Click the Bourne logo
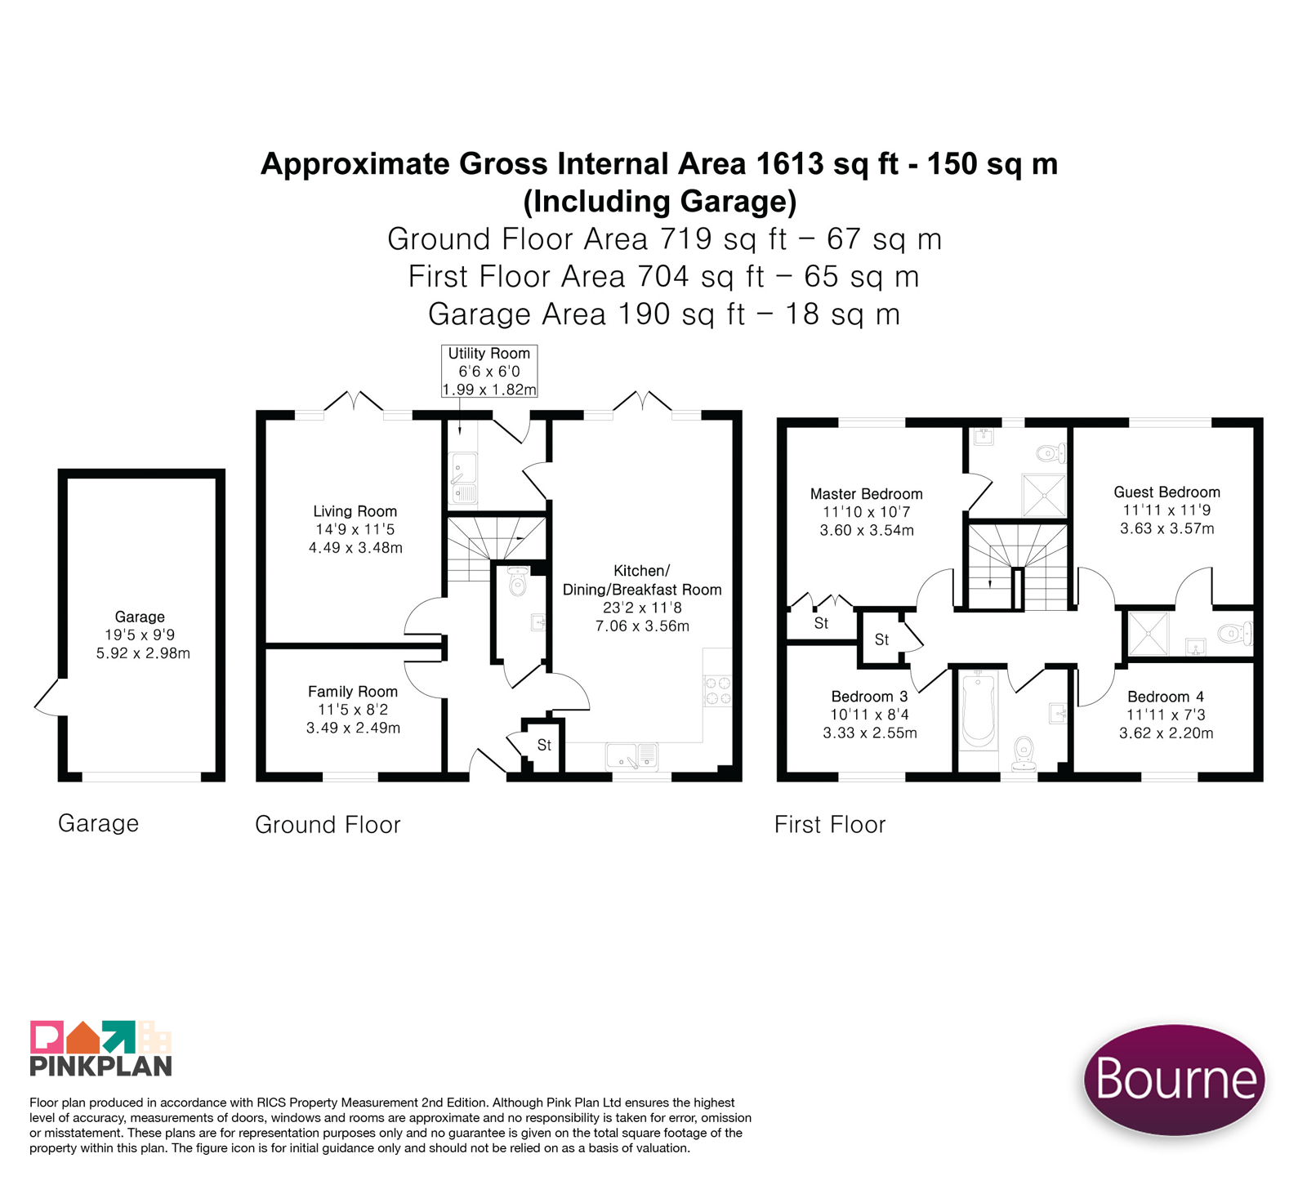coord(1175,1079)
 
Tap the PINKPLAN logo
coord(101,1049)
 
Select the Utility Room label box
coord(489,371)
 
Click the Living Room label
coord(355,529)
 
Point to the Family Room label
coord(353,709)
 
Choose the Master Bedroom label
coord(867,512)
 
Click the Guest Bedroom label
coord(1166,510)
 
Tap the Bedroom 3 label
coord(869,715)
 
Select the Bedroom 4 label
coord(1166,715)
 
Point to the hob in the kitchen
coord(718,691)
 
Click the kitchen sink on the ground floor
coord(632,755)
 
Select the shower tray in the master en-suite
coord(1044,495)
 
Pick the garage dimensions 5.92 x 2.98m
coord(143,653)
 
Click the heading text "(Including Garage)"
coord(660,201)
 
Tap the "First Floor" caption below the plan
coord(830,824)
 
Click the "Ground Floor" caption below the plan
coord(328,824)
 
